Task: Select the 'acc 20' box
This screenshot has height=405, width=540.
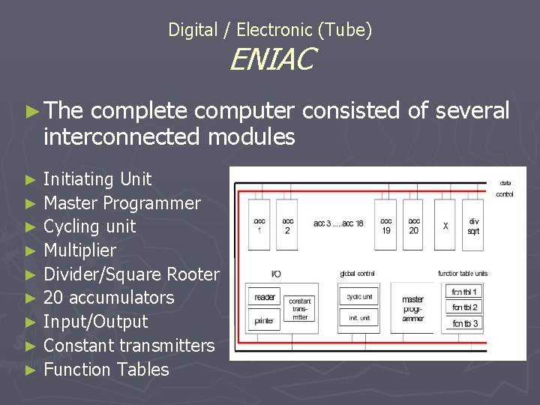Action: pyautogui.click(x=414, y=225)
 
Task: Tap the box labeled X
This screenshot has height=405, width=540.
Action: pyautogui.click(x=445, y=225)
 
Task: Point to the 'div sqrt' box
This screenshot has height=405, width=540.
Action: pyautogui.click(x=473, y=225)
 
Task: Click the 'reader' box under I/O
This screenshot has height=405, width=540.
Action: pyautogui.click(x=265, y=297)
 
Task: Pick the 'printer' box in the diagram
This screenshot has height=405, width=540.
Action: pyautogui.click(x=265, y=321)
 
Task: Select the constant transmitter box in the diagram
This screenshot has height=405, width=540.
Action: pyautogui.click(x=300, y=308)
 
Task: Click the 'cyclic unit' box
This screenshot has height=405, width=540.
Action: pyautogui.click(x=359, y=297)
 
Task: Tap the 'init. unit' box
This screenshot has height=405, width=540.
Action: pyautogui.click(x=359, y=318)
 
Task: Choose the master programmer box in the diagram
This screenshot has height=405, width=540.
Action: pyautogui.click(x=412, y=308)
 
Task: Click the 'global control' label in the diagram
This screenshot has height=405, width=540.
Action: pyautogui.click(x=357, y=274)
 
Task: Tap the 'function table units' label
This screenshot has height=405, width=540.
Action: pyautogui.click(x=463, y=274)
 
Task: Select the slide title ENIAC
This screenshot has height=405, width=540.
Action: pyautogui.click(x=272, y=60)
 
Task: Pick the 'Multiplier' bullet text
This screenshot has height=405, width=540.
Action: pyautogui.click(x=80, y=250)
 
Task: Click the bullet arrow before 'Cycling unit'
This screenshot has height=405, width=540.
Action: pyautogui.click(x=30, y=226)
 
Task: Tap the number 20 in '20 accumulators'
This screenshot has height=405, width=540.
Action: pyautogui.click(x=54, y=298)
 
